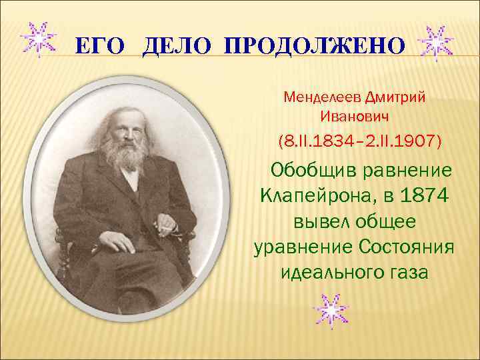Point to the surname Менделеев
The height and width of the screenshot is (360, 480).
tap(323, 97)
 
